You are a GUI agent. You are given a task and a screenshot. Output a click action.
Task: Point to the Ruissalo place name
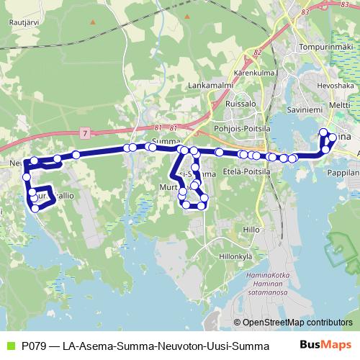pyautogui.click(x=241, y=102)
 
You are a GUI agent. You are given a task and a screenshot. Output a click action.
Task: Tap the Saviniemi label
pyautogui.click(x=305, y=110)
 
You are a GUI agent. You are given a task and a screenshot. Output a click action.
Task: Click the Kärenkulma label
pyautogui.click(x=252, y=73)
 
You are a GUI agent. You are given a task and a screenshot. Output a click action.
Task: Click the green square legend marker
pyautogui.click(x=9, y=346)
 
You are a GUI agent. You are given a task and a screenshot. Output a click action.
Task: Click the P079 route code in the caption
pyautogui.click(x=35, y=346)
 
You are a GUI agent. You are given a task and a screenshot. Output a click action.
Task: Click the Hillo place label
pyautogui.click(x=251, y=229)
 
